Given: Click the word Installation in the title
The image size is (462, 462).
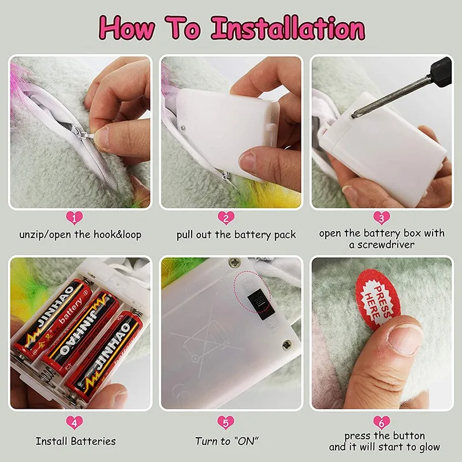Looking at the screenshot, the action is pos(288,28).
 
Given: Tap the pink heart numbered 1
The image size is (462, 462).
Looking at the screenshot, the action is pos(74,218).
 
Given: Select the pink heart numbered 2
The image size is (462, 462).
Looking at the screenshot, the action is pos(226,218).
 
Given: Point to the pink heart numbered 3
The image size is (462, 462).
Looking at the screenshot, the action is pos(381,218).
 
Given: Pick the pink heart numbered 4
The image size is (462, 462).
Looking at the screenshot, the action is pos(74,423).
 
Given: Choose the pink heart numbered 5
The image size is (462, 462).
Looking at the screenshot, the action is pos(226,423).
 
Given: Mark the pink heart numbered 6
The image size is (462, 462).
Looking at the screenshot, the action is pos(381,423).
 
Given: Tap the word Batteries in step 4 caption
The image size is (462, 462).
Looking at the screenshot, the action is pos(94,441).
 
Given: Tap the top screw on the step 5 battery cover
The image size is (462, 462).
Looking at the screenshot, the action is pos(234,262).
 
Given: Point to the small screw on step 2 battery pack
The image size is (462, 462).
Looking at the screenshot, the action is pos(184,128).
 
